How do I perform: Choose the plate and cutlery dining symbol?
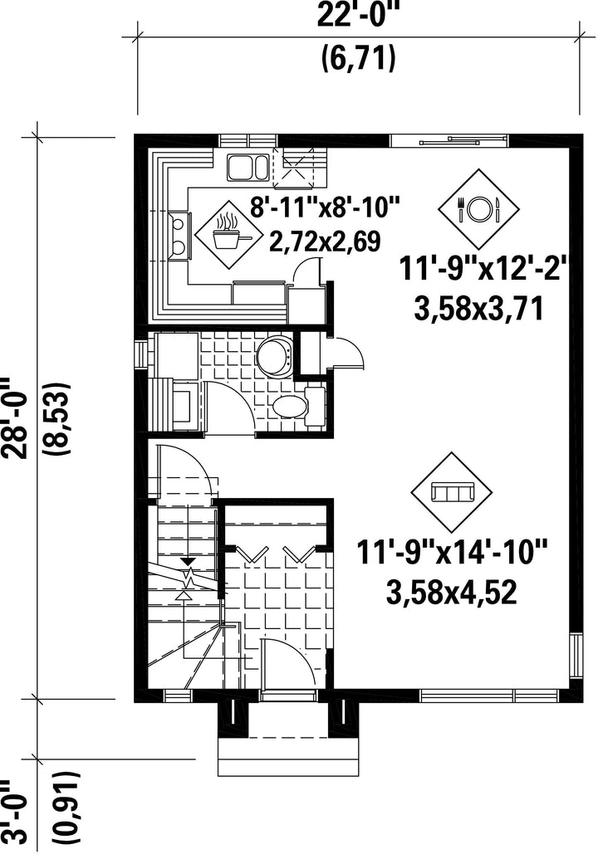(479, 208)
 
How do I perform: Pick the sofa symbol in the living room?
(451, 493)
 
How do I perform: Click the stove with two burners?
(179, 235)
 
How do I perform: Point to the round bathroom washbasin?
(275, 356)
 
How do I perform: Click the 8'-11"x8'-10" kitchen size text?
(326, 208)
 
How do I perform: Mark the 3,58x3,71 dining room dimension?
(480, 310)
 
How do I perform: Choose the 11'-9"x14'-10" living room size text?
(452, 553)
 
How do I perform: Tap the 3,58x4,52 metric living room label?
(452, 593)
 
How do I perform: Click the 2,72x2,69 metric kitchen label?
(326, 242)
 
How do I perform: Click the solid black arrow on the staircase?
(189, 562)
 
